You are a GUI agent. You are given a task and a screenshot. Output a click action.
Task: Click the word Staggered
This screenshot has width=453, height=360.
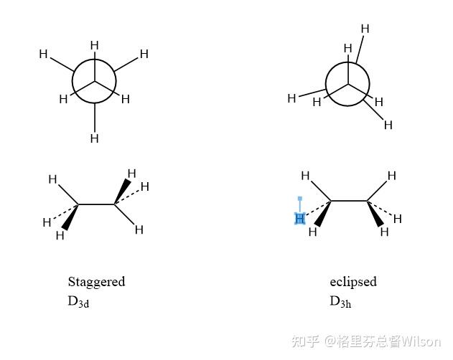click(x=96, y=281)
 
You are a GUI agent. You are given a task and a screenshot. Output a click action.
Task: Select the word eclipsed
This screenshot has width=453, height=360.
click(x=353, y=281)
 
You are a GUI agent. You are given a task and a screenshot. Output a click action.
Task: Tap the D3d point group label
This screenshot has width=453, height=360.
click(x=78, y=301)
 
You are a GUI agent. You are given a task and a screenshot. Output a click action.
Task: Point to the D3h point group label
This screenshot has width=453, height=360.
click(x=340, y=301)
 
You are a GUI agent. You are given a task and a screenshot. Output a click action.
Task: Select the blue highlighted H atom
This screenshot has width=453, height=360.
click(x=300, y=218)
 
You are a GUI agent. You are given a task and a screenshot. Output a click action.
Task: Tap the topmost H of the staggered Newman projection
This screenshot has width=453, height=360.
click(x=94, y=46)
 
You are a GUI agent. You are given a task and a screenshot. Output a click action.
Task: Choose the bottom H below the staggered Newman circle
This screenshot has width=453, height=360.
click(x=94, y=138)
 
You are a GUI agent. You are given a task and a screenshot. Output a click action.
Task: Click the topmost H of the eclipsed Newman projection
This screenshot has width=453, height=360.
click(x=365, y=29)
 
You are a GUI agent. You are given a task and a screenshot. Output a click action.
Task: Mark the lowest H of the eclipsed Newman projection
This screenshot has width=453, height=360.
click(x=388, y=125)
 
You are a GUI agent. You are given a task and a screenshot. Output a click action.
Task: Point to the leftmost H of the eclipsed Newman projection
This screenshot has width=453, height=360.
click(x=291, y=98)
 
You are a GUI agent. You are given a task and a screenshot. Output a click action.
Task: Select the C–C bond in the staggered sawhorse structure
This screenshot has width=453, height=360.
click(x=96, y=204)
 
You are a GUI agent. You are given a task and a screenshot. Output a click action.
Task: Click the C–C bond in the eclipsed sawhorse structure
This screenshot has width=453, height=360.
click(x=349, y=201)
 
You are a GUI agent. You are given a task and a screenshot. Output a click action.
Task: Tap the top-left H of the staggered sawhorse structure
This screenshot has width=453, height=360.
click(x=52, y=179)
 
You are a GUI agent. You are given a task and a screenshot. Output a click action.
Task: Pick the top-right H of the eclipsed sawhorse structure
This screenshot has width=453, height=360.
click(x=392, y=176)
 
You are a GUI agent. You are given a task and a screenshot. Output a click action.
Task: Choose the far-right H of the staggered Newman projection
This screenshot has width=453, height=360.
click(x=144, y=54)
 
